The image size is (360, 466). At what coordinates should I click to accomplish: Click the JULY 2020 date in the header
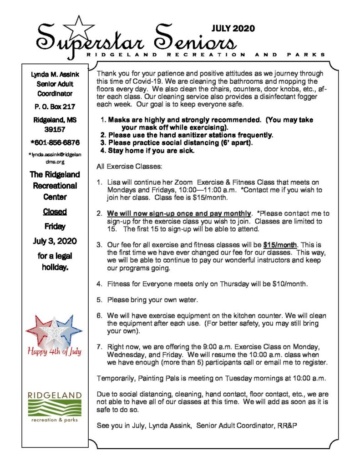point(233,29)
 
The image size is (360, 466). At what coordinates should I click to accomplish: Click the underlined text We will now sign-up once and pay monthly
point(179,213)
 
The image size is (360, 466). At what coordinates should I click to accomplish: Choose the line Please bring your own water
point(151,300)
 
